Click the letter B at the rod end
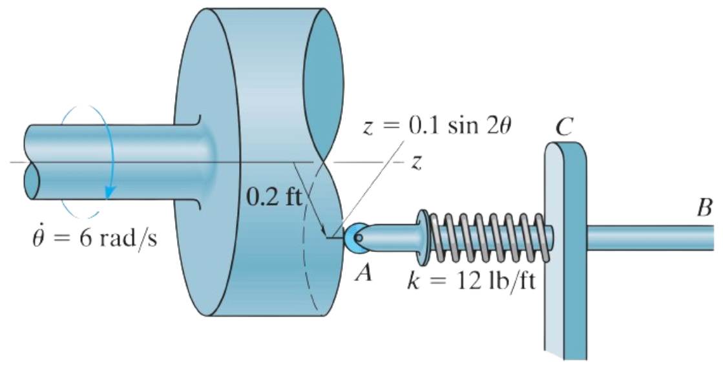[x=704, y=208]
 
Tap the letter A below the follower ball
[x=364, y=274]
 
